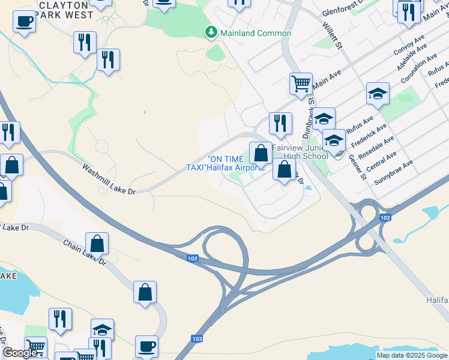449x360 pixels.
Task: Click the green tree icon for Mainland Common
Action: (211, 32)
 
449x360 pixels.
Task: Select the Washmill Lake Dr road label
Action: (110, 179)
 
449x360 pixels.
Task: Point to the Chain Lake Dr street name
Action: (85, 253)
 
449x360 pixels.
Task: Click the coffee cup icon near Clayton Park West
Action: (24, 22)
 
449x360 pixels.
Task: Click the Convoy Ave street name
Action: (408, 45)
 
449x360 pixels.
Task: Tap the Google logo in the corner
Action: (20, 352)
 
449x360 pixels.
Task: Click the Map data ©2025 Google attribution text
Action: (411, 355)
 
